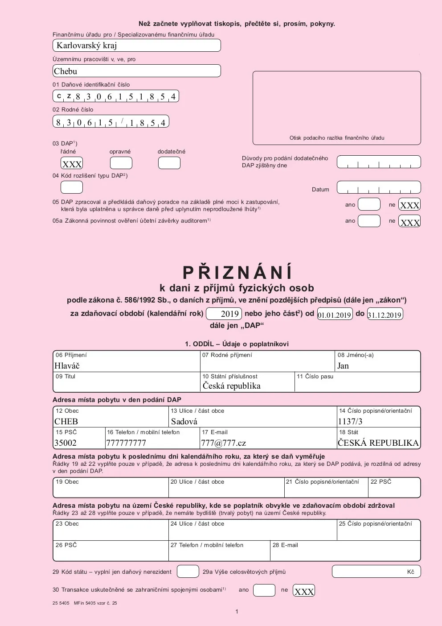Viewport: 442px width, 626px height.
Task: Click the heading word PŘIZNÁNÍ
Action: (237, 272)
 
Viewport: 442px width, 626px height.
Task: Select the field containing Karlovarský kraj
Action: (136, 46)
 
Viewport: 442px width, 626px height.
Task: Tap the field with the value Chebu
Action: (136, 71)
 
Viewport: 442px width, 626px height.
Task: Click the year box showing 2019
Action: (224, 314)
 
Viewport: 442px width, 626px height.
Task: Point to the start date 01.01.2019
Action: (335, 315)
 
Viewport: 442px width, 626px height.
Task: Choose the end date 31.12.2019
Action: (385, 315)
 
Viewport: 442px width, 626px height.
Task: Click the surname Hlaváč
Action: (67, 366)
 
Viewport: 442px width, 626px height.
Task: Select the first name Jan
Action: (343, 366)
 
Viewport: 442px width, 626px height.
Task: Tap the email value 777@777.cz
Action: (224, 443)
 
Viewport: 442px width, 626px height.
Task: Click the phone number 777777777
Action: (126, 443)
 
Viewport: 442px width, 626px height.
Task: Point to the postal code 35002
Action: (65, 443)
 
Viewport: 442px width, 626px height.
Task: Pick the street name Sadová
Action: (184, 422)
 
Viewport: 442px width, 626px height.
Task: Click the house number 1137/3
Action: (350, 422)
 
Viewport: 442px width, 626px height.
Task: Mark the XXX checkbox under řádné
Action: (72, 163)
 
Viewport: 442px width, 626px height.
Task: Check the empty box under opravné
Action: (121, 163)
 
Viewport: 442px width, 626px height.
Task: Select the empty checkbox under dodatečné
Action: (169, 163)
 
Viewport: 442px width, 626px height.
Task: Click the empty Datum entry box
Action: (379, 187)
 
